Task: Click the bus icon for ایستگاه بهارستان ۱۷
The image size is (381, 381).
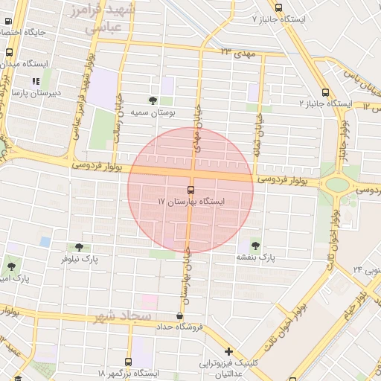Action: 191,190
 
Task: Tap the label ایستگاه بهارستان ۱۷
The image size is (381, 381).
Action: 190,202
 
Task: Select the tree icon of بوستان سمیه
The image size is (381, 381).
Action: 153,100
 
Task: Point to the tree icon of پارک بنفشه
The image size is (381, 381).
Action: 256,244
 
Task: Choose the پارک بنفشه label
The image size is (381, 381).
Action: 256,257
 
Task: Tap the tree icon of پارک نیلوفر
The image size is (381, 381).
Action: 79,247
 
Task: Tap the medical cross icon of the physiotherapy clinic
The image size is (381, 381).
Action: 228,350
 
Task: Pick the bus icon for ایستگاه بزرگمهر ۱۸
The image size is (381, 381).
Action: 139,362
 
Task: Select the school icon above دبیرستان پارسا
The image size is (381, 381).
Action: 35,82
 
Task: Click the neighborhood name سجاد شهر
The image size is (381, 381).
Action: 123,317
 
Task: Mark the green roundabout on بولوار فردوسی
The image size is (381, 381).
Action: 337,184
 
